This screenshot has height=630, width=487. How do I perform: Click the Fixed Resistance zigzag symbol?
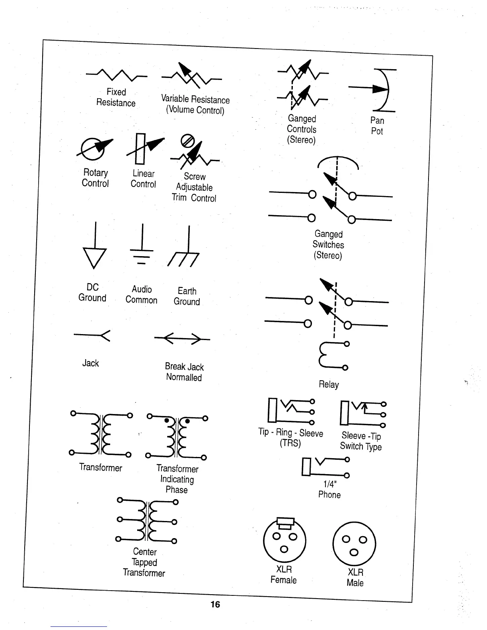pyautogui.click(x=116, y=74)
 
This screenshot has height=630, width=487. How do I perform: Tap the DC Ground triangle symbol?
pyautogui.click(x=95, y=257)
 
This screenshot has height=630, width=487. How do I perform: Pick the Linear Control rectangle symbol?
pyautogui.click(x=140, y=149)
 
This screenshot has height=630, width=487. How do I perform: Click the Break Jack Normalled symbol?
pyautogui.click(x=182, y=339)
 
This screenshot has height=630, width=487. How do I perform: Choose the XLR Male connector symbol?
pyautogui.click(x=354, y=544)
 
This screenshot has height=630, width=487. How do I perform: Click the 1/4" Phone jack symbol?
pyautogui.click(x=325, y=467)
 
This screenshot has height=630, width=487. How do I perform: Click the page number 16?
pyautogui.click(x=215, y=605)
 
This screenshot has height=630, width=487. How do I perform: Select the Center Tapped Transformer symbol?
pyautogui.click(x=146, y=521)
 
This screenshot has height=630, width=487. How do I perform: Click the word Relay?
pyautogui.click(x=329, y=385)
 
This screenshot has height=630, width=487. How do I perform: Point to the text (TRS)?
pyautogui.click(x=290, y=443)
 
